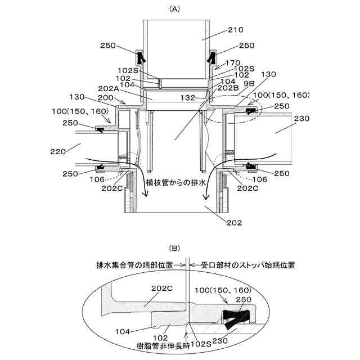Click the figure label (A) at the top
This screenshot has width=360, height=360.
[174, 8]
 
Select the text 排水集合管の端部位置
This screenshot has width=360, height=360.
[135, 264]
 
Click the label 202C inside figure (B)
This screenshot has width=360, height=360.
[160, 287]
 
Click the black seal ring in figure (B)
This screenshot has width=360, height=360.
[235, 318]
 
